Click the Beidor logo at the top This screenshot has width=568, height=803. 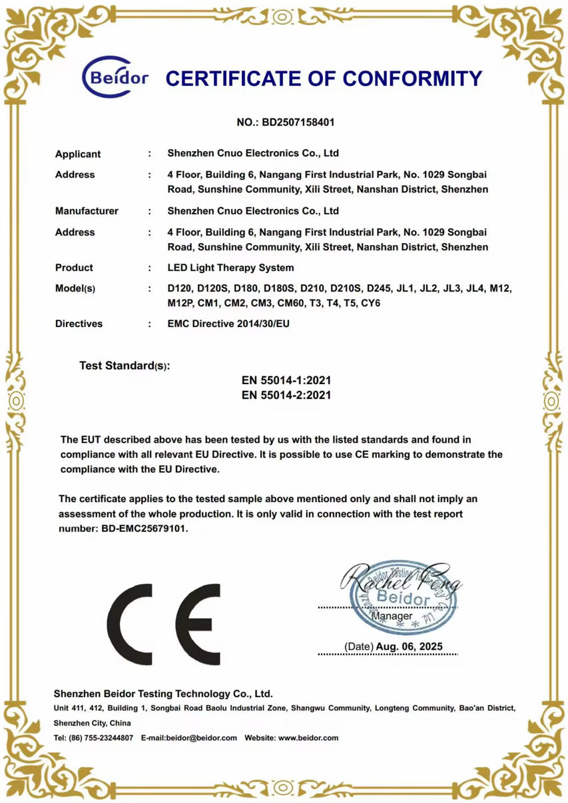click(115, 78)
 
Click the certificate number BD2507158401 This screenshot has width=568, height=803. click(299, 123)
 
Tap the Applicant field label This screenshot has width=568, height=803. click(78, 154)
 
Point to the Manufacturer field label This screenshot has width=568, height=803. click(87, 211)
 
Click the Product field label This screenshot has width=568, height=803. click(74, 268)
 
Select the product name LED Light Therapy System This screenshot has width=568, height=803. click(230, 268)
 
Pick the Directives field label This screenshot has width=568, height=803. click(79, 324)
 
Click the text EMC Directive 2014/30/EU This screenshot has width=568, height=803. click(229, 324)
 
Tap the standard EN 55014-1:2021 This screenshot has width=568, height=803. click(286, 380)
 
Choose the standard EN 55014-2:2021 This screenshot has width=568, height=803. click(286, 395)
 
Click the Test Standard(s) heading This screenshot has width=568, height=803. click(125, 366)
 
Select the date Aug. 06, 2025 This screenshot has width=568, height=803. click(408, 647)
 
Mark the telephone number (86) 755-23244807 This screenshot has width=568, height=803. click(101, 738)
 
